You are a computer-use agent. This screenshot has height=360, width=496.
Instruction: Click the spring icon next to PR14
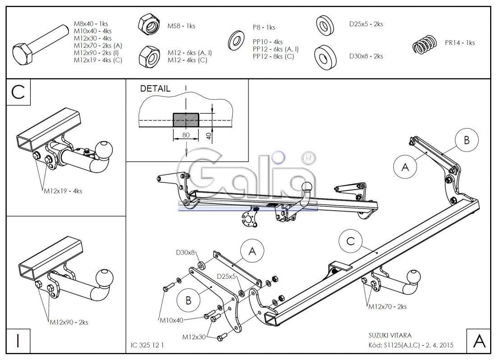pyautogui.click(x=424, y=44)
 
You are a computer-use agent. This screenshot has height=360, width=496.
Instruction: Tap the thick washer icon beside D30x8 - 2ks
pyautogui.click(x=326, y=57)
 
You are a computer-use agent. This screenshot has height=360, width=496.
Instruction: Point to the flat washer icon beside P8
pyautogui.click(x=236, y=41)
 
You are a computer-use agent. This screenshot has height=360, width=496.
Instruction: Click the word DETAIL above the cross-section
pyautogui.click(x=155, y=88)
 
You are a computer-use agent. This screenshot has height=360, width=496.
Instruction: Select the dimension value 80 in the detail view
pyautogui.click(x=186, y=135)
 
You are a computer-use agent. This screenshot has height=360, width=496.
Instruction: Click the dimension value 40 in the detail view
pyautogui.click(x=208, y=136)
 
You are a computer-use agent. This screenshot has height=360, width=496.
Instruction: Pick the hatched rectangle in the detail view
pyautogui.click(x=186, y=120)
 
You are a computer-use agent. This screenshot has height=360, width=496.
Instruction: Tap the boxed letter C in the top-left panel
pyautogui.click(x=18, y=92)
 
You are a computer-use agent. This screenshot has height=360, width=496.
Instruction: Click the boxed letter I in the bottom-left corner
pyautogui.click(x=18, y=341)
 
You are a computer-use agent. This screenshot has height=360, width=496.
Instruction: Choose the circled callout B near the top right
pyautogui.click(x=467, y=140)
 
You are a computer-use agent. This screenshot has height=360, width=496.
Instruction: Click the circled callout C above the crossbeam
pyautogui.click(x=350, y=241)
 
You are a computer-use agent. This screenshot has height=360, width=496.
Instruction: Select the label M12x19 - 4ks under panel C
pyautogui.click(x=63, y=191)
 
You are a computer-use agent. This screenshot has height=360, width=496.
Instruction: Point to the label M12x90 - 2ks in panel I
pyautogui.click(x=69, y=323)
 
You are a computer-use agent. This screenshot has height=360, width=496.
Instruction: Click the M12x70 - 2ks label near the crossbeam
pyautogui.click(x=387, y=306)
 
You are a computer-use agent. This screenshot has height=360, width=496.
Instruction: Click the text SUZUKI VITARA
pyautogui.click(x=390, y=335)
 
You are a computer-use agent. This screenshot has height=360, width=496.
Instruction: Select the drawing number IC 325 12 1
pyautogui.click(x=147, y=345)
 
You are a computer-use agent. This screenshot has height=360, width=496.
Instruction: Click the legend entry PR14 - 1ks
pyautogui.click(x=460, y=43)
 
